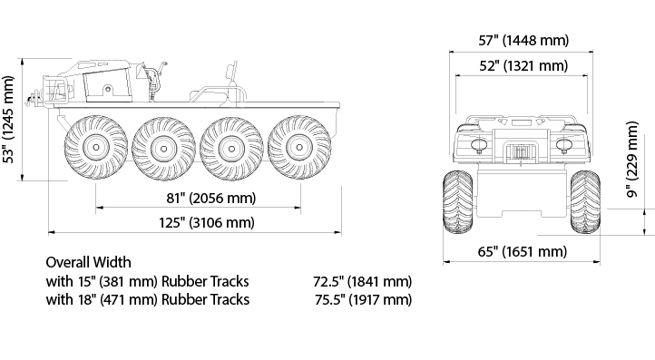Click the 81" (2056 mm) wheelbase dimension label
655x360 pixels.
(211, 198)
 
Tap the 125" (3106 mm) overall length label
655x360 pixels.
(206, 222)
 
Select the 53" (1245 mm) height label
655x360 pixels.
(9, 120)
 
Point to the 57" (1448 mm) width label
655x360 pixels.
(523, 41)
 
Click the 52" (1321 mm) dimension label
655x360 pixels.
(523, 66)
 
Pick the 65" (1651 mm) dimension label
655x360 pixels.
(523, 252)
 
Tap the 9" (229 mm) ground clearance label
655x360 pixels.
(632, 160)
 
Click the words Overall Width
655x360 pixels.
(88, 262)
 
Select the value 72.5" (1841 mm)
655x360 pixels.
(362, 281)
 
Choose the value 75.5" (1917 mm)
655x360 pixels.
(363, 300)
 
